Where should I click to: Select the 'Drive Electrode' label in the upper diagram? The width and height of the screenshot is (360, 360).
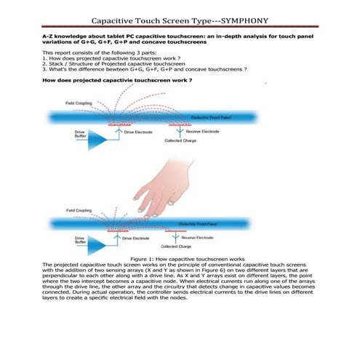[140, 132]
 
